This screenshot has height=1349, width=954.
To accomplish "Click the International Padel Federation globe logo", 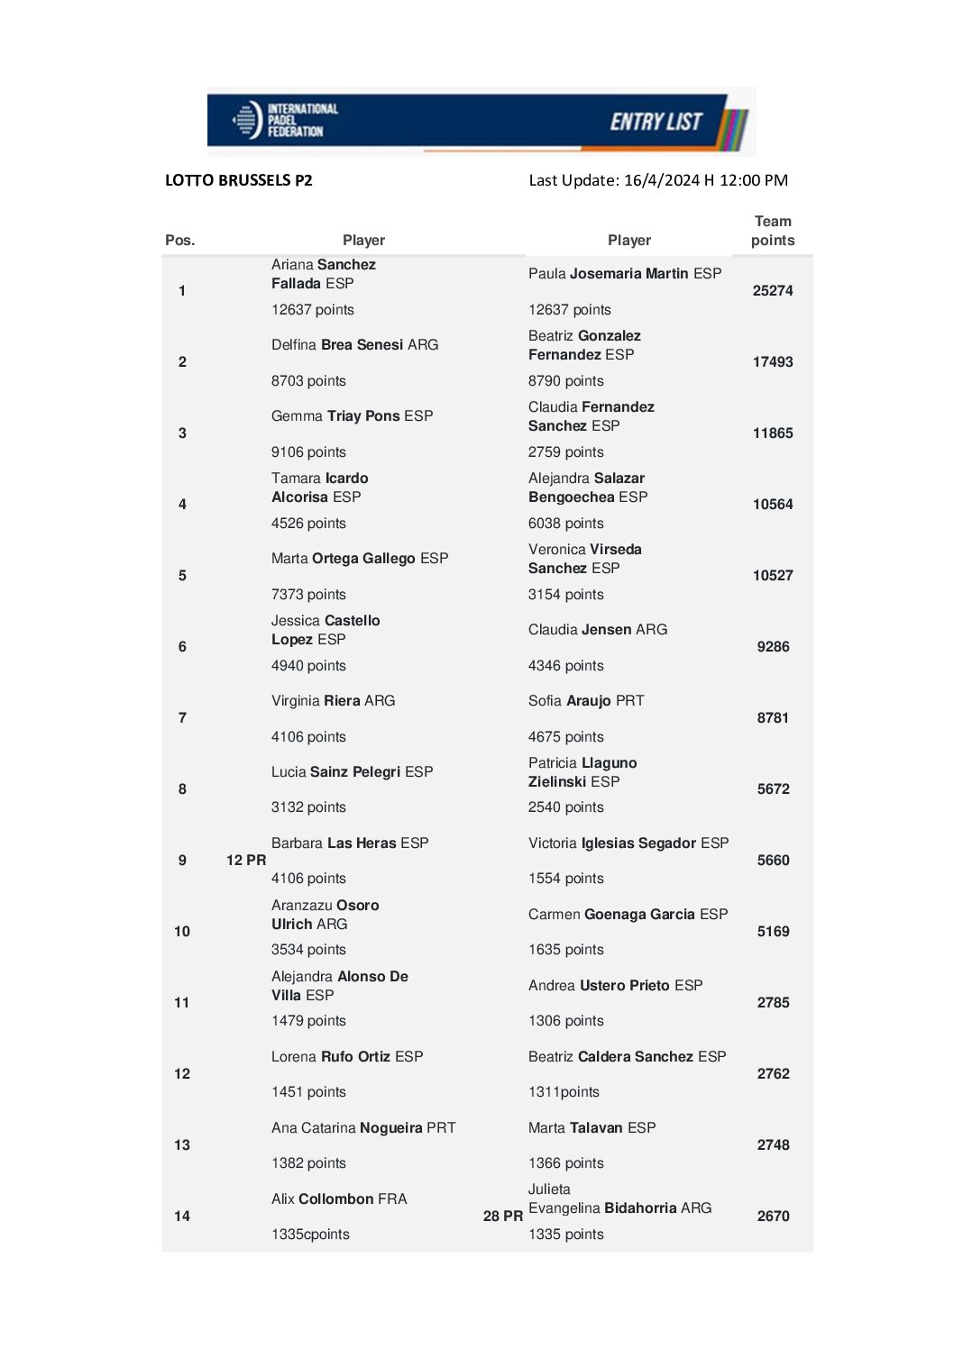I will pyautogui.click(x=246, y=120).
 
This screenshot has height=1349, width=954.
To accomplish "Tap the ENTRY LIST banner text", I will pyautogui.click(x=656, y=122).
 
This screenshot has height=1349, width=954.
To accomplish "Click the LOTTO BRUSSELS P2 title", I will pyautogui.click(x=239, y=180).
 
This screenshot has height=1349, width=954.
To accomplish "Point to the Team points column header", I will pyautogui.click(x=773, y=231).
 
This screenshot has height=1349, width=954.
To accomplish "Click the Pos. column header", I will pyautogui.click(x=180, y=241).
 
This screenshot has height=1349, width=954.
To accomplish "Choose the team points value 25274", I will pyautogui.click(x=773, y=291).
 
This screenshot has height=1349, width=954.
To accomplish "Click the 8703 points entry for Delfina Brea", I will pyautogui.click(x=308, y=381).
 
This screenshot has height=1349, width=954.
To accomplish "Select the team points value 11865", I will pyautogui.click(x=773, y=433).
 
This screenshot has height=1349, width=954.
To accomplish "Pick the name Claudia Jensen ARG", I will pyautogui.click(x=598, y=630).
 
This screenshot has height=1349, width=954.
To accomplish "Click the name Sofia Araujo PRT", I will pyautogui.click(x=586, y=701).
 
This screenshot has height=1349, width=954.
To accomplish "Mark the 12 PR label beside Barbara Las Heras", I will pyautogui.click(x=246, y=861).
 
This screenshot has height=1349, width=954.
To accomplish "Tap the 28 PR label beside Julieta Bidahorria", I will pyautogui.click(x=503, y=1217).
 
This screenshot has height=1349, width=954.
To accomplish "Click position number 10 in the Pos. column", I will pyautogui.click(x=182, y=932).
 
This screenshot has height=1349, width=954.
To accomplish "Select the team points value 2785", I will pyautogui.click(x=773, y=1003).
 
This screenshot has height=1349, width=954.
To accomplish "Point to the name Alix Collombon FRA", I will pyautogui.click(x=339, y=1199).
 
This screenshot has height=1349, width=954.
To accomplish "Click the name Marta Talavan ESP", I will pyautogui.click(x=592, y=1128).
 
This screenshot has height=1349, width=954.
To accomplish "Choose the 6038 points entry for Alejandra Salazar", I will pyautogui.click(x=566, y=524).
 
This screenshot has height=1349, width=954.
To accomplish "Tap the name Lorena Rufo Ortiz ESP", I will pyautogui.click(x=347, y=1057).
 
